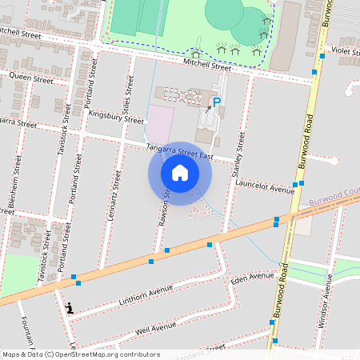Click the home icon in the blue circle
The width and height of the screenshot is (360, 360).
tap(180, 173)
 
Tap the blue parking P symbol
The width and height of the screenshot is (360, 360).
tap(216, 102)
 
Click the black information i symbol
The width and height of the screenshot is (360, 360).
tap(70, 307)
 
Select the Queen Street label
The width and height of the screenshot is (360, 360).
tap(32, 79)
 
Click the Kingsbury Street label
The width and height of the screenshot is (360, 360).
tap(115, 116)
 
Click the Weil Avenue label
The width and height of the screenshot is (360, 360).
tap(155, 328)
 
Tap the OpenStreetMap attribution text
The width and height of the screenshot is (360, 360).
tap(81, 354)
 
